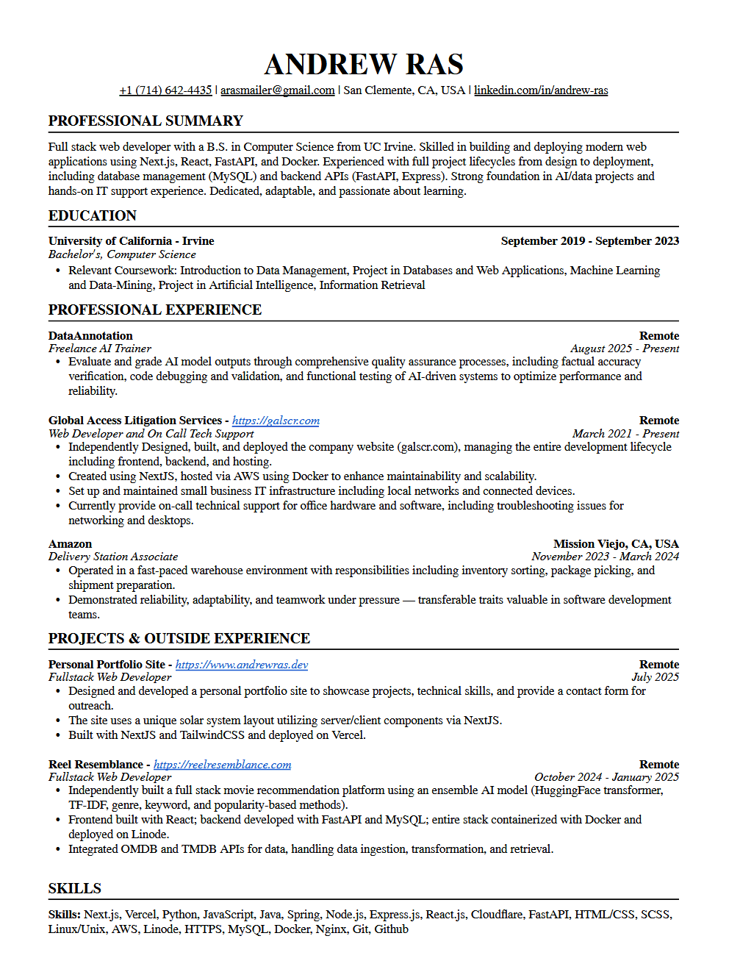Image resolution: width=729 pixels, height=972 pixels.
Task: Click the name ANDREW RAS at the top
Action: pos(364,65)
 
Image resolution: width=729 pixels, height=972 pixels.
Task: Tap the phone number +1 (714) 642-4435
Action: pos(165,90)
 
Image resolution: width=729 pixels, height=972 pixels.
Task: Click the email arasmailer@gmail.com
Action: pos(277,90)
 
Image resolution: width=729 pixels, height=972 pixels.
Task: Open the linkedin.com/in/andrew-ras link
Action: pos(541,90)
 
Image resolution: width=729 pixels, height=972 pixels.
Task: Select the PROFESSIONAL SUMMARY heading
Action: pos(146,121)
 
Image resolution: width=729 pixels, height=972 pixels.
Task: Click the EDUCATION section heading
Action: pos(93,216)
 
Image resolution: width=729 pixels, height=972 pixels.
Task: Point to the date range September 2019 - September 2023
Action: pos(589,241)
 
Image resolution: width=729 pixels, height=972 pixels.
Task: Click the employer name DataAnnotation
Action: pos(90,336)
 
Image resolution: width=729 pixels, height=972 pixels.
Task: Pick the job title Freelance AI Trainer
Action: pos(100,349)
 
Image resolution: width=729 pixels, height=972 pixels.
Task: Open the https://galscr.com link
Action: pos(276,421)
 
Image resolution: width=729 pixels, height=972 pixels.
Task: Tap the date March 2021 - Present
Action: pos(625,434)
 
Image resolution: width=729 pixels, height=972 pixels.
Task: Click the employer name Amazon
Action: pos(71,544)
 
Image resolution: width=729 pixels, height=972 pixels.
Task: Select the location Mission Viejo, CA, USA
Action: pos(616,544)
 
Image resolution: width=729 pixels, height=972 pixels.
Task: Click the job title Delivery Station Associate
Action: pos(113,557)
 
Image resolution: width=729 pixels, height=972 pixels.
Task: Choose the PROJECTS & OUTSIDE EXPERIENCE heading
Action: pos(179,639)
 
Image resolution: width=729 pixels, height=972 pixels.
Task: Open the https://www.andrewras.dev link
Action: pos(241,665)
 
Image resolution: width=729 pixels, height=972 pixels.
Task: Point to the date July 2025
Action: pos(655,677)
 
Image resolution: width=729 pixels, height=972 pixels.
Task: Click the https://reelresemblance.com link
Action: pos(222,765)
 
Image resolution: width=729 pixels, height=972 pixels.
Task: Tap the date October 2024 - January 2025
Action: pos(606,777)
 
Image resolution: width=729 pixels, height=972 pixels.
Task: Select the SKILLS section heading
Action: pos(75,889)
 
